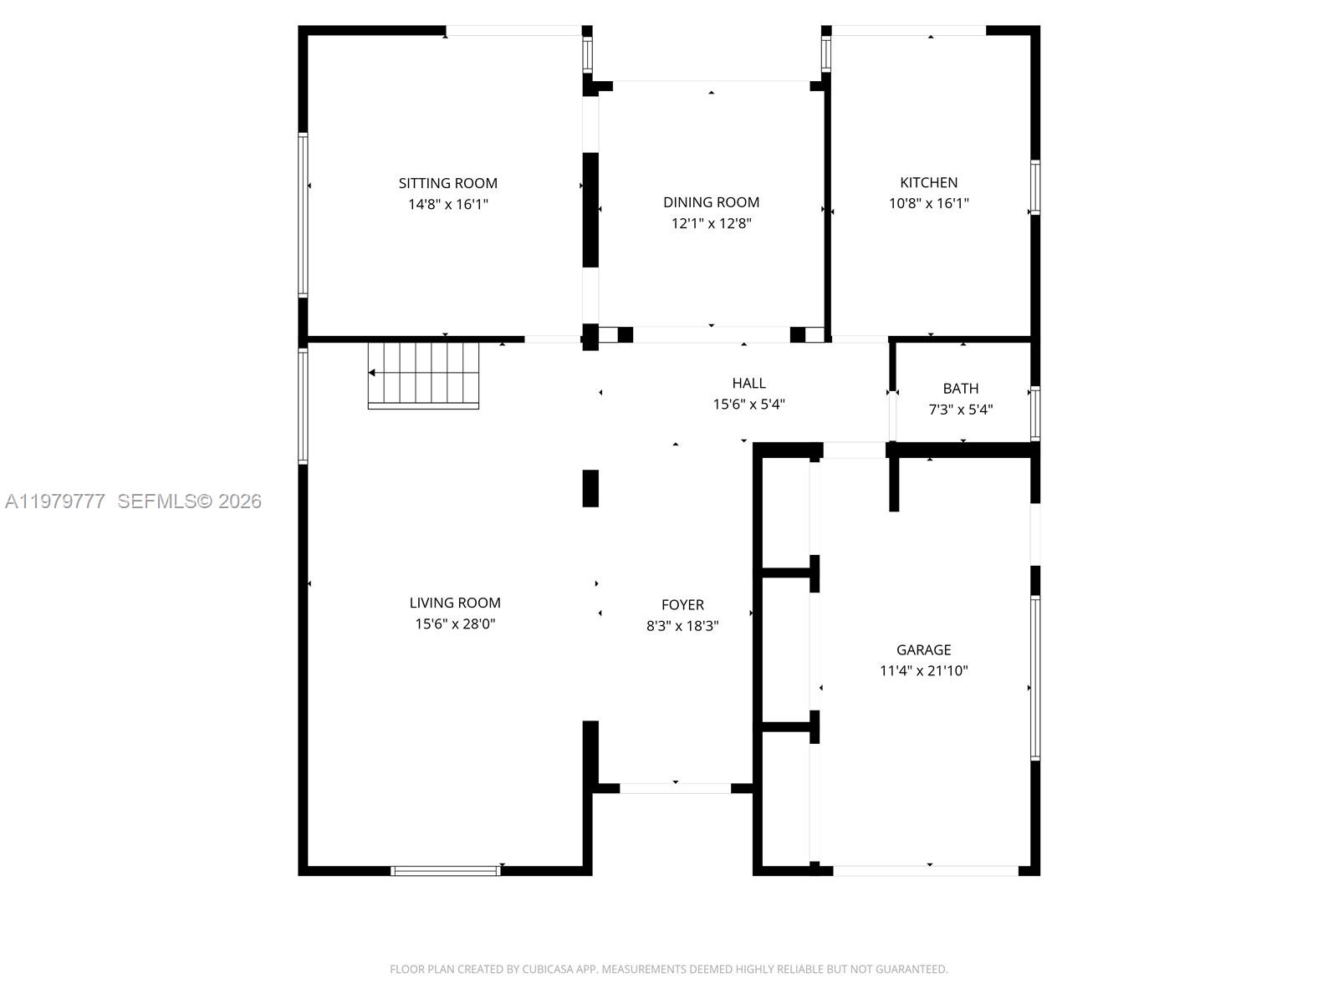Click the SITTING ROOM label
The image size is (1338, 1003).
(447, 183)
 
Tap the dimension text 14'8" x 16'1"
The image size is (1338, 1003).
(447, 204)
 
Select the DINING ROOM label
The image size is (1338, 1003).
(711, 202)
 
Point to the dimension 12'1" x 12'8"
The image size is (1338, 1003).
(711, 223)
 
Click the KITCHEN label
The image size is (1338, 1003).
(928, 182)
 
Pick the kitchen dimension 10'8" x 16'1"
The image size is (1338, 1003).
(928, 203)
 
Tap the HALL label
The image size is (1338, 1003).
(748, 383)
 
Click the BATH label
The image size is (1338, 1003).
(960, 388)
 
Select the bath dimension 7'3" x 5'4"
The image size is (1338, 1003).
(960, 410)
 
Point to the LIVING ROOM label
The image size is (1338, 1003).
(455, 603)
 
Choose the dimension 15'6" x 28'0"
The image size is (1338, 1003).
(455, 624)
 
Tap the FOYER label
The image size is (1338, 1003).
(682, 604)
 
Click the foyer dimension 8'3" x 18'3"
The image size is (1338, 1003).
(682, 625)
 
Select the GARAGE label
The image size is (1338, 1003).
(923, 649)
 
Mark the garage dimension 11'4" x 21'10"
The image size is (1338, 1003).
(923, 670)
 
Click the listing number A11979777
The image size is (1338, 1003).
(55, 501)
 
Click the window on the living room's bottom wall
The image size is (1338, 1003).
(445, 871)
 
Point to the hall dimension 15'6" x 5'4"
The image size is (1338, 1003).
(748, 405)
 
